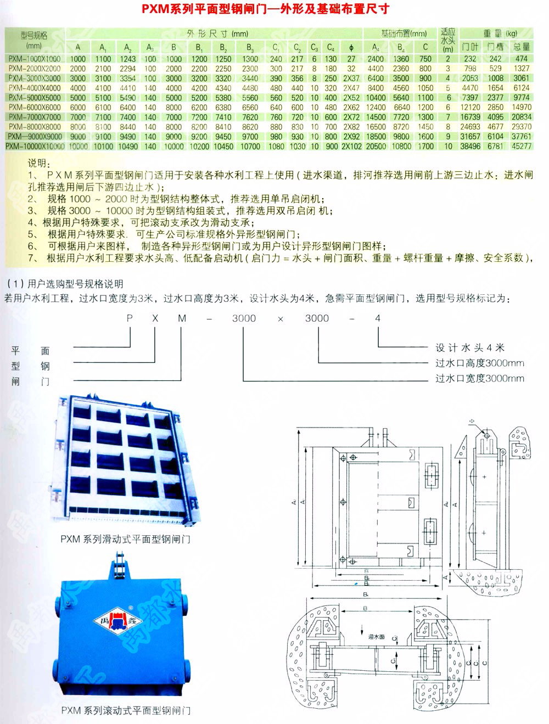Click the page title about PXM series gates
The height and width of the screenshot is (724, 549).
[x=266, y=9]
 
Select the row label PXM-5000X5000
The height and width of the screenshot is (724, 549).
[x=35, y=98]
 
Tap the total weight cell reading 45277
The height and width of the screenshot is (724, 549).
[x=521, y=147]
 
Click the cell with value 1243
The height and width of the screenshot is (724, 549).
[x=127, y=59]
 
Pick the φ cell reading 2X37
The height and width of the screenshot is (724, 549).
[x=351, y=78]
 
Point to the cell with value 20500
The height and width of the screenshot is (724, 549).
[x=376, y=147]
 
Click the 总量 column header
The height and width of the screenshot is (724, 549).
[x=522, y=47]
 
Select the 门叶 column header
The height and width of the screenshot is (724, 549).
[x=470, y=47]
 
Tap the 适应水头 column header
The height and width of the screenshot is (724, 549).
[x=448, y=40]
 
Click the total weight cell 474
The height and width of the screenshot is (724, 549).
[x=522, y=59]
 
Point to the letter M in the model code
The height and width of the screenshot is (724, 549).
[x=182, y=318]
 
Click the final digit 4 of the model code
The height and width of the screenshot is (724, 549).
[x=377, y=318]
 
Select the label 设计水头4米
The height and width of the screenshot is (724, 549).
[x=469, y=347]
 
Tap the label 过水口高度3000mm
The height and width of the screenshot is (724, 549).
[x=479, y=363]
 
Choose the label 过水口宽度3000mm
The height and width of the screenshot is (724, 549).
[x=479, y=378]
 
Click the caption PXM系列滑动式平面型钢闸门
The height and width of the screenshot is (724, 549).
[x=125, y=540]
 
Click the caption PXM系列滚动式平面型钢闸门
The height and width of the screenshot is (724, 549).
[x=126, y=710]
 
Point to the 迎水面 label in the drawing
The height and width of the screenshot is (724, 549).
[x=376, y=637]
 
